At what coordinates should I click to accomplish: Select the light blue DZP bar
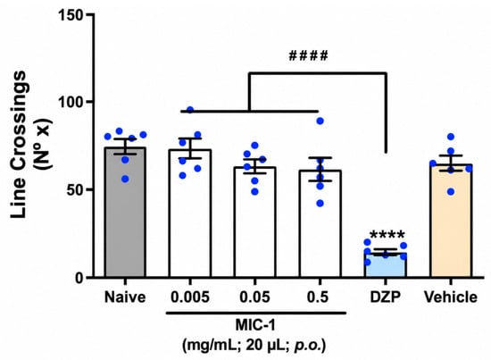[x=386, y=265]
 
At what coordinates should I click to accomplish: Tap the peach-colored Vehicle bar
[x=451, y=221]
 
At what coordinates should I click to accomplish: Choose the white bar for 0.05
[x=255, y=222]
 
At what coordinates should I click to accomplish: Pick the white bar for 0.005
[x=190, y=213]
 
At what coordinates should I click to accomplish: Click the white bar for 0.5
[x=320, y=223]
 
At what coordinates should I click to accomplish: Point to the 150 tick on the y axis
[x=73, y=14]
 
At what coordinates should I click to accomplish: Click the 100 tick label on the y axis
[x=73, y=102]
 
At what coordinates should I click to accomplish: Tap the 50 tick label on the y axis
[x=78, y=189]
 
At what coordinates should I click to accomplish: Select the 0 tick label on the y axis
[x=82, y=278]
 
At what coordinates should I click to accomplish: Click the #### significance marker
[x=308, y=55]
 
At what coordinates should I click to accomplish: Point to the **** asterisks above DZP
[x=387, y=234]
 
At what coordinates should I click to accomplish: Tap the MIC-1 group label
[x=255, y=326]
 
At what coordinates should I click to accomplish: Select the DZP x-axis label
[x=386, y=297]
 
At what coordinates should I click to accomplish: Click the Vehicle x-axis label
[x=451, y=297]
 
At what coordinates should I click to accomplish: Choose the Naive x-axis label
[x=125, y=297]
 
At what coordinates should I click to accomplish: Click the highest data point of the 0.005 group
[x=190, y=110]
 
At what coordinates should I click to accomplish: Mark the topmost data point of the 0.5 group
[x=320, y=121]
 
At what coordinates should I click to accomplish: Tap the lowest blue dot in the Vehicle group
[x=451, y=192]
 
